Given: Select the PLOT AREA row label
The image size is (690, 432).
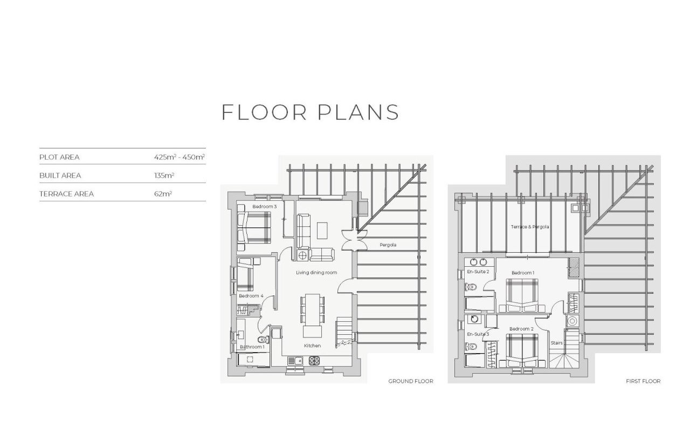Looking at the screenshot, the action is [59, 157].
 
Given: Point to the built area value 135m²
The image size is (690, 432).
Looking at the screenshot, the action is [164, 175].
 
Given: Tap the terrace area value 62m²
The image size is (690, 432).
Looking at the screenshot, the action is [163, 194].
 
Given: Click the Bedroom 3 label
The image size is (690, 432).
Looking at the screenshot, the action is [264, 206].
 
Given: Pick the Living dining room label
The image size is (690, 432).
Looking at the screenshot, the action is [316, 273].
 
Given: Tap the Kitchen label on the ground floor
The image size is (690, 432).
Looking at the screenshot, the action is [312, 346].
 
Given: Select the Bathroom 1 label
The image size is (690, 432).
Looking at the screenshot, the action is [252, 347].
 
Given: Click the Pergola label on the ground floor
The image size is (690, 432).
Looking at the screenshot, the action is [388, 245].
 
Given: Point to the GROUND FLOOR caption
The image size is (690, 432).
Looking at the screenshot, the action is [411, 381].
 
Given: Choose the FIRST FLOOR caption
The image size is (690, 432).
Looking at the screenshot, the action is [643, 381].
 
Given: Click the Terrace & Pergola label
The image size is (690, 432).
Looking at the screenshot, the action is [530, 227].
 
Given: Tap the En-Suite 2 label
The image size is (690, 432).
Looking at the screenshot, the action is [478, 272].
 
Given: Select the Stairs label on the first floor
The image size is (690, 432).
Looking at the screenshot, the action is [557, 343].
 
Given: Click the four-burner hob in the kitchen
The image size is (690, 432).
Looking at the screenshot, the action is [314, 360].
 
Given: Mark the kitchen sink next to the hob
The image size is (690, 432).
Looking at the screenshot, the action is [295, 360].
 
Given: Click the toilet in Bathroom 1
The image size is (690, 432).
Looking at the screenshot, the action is [264, 340].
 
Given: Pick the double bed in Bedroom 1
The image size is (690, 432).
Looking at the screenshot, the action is [522, 295].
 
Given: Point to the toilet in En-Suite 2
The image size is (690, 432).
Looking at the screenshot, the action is [471, 287].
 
